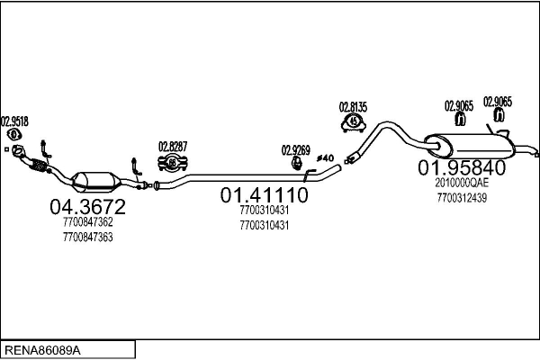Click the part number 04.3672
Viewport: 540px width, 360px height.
coord(88,207)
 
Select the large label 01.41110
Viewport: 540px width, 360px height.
coord(264,195)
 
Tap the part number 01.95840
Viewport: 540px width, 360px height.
coord(462,167)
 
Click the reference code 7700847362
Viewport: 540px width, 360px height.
coord(88,222)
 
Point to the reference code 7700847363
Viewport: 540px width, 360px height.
coord(88,238)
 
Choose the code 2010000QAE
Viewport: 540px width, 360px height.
coord(462,183)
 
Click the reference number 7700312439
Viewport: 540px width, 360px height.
coord(462,198)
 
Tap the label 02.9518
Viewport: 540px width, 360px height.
coord(14,121)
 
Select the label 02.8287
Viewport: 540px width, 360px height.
coord(173,147)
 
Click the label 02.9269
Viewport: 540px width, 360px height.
coord(296,150)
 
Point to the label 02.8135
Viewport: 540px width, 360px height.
coord(354,107)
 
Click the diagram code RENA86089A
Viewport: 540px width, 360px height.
coord(42,351)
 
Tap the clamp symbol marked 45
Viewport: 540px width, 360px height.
coord(354,122)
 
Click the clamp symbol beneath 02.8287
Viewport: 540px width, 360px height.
coord(173,163)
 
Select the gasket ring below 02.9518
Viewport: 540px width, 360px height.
coord(13,134)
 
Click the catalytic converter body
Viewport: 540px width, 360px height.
coord(96,182)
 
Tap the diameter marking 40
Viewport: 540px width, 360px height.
coord(326,158)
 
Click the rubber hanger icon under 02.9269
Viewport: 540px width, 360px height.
coord(296,163)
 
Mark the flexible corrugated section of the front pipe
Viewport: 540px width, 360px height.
coord(38,166)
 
